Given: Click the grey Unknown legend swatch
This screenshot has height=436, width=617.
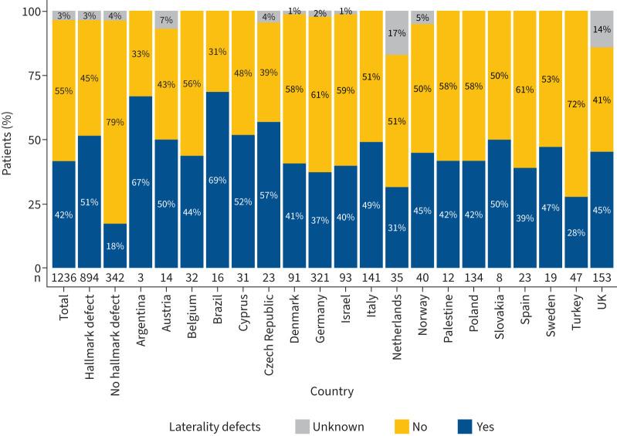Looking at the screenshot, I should [307, 425].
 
